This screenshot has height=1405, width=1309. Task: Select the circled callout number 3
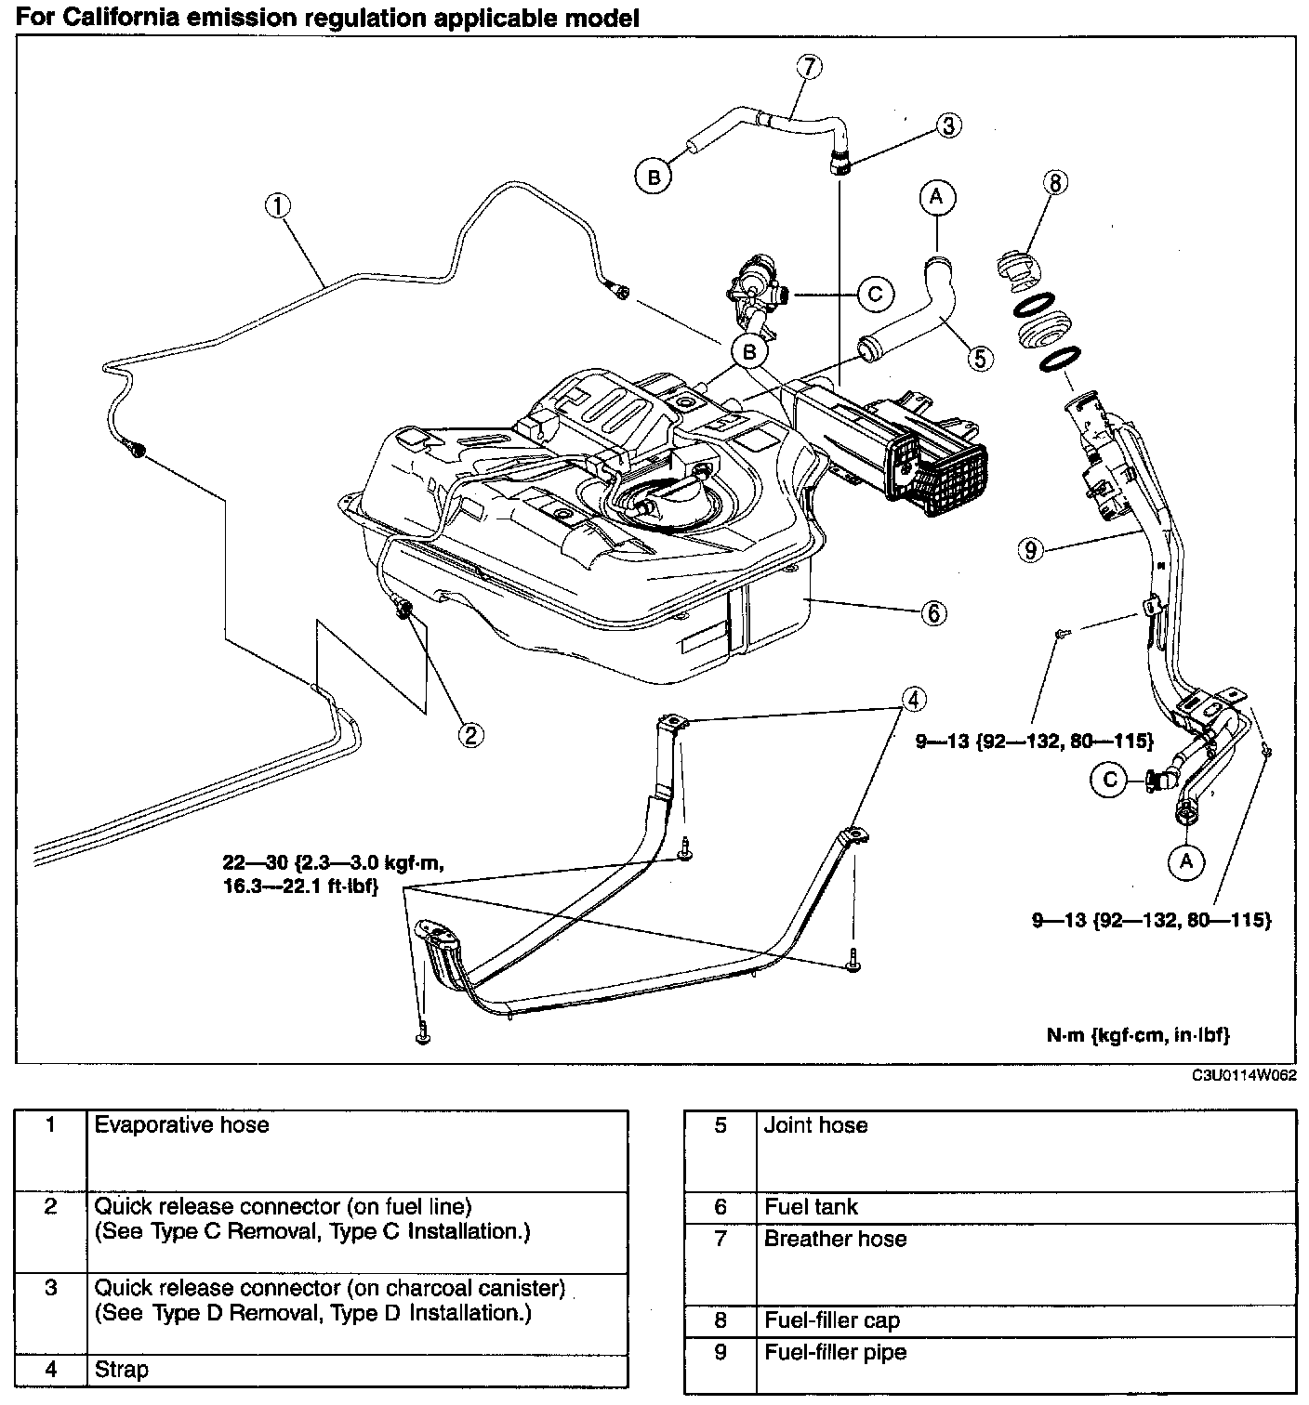click(x=947, y=125)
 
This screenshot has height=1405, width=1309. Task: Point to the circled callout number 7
click(x=810, y=66)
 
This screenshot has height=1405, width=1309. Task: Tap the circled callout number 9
click(x=1030, y=551)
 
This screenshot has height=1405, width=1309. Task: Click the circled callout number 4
click(x=913, y=699)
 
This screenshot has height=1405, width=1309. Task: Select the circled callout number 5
click(x=979, y=358)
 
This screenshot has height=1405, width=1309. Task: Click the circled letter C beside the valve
click(x=874, y=294)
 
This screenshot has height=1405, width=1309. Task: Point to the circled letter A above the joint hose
click(x=936, y=195)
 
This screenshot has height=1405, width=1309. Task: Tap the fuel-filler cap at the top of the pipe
click(x=1017, y=266)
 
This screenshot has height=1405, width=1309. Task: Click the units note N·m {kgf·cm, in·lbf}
click(x=1138, y=1034)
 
